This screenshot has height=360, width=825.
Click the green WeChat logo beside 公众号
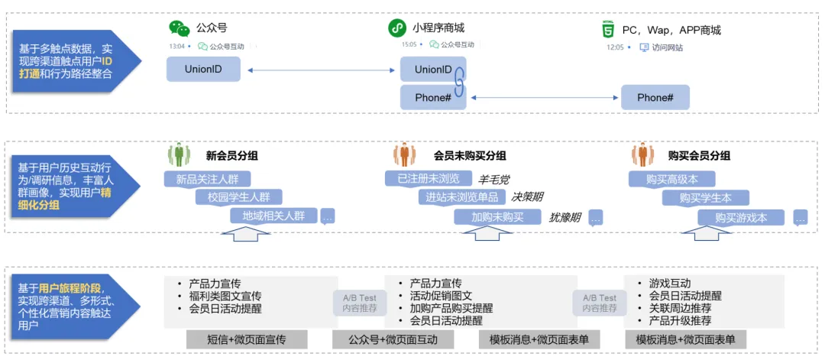pyautogui.click(x=180, y=28)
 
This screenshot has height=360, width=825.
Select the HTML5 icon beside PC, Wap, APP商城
pyautogui.click(x=608, y=30)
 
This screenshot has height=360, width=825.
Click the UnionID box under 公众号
pyautogui.click(x=203, y=70)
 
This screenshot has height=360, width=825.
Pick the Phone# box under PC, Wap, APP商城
pyautogui.click(x=655, y=98)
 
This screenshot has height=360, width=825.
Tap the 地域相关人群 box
pyautogui.click(x=273, y=216)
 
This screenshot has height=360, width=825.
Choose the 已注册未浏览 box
pyautogui.click(x=428, y=179)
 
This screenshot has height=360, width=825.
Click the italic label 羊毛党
pyautogui.click(x=494, y=180)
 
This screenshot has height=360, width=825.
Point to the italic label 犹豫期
pyautogui.click(x=565, y=218)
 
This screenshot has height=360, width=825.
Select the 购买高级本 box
pyautogui.click(x=671, y=179)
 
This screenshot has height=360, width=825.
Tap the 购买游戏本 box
pyautogui.click(x=741, y=217)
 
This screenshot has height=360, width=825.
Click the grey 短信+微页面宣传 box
pyautogui.click(x=247, y=339)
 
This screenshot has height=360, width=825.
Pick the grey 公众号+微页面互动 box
pyautogui.click(x=393, y=339)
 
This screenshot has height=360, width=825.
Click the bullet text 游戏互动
pyautogui.click(x=669, y=284)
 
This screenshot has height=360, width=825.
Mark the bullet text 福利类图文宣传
pyautogui.click(x=225, y=296)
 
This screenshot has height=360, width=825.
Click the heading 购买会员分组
pyautogui.click(x=699, y=155)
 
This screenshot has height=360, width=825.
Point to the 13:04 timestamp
pyautogui.click(x=177, y=46)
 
